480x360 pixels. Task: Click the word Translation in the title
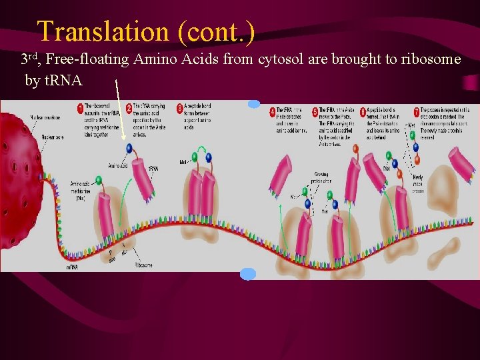(x=103, y=31)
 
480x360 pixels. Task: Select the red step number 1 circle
(x=80, y=108)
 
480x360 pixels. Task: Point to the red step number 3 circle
(x=180, y=108)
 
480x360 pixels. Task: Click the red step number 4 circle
(x=273, y=110)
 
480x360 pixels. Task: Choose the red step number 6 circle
(x=363, y=111)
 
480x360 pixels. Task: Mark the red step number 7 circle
(x=416, y=110)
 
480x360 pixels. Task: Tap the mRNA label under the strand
(x=73, y=267)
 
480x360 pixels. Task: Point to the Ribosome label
(x=143, y=264)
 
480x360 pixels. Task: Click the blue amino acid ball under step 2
(x=129, y=149)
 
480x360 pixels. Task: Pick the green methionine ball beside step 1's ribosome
(x=99, y=180)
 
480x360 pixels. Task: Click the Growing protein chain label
(x=321, y=179)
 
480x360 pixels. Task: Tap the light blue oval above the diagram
(x=254, y=104)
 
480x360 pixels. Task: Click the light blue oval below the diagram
(x=247, y=273)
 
